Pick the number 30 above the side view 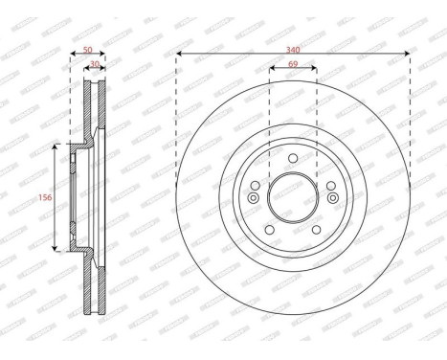pos(94,65)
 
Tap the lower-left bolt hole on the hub pos(269,230)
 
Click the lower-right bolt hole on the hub pos(317,230)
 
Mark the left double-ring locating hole pos(253,196)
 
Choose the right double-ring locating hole pos(333,196)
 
